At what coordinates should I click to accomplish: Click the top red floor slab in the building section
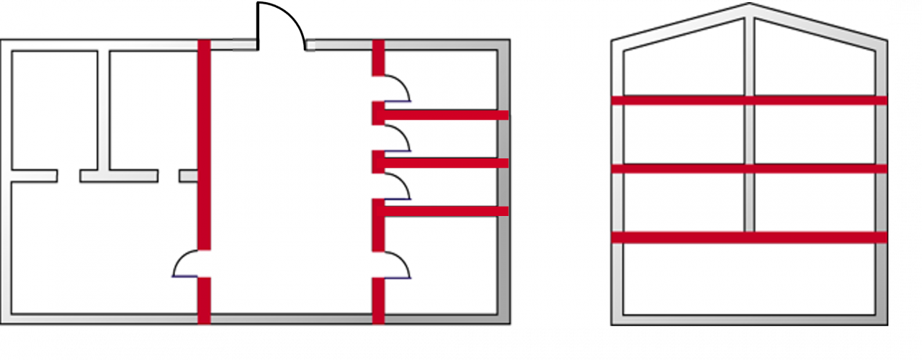[x=749, y=100]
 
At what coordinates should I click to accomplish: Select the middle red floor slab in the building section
[x=749, y=168]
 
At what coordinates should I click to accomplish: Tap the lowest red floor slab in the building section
[x=749, y=237]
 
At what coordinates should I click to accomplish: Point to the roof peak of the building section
[x=749, y=6]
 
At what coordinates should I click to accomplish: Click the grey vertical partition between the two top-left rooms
[x=103, y=108]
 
